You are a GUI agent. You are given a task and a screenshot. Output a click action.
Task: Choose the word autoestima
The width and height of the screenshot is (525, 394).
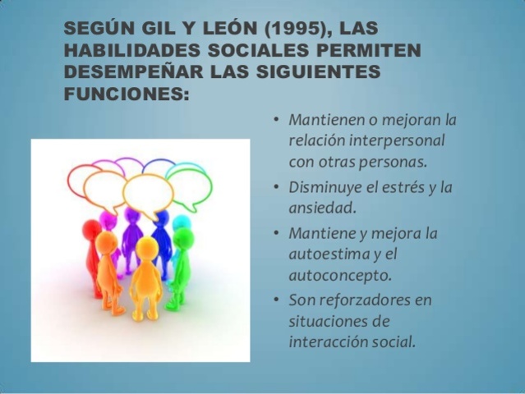point(325,254)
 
